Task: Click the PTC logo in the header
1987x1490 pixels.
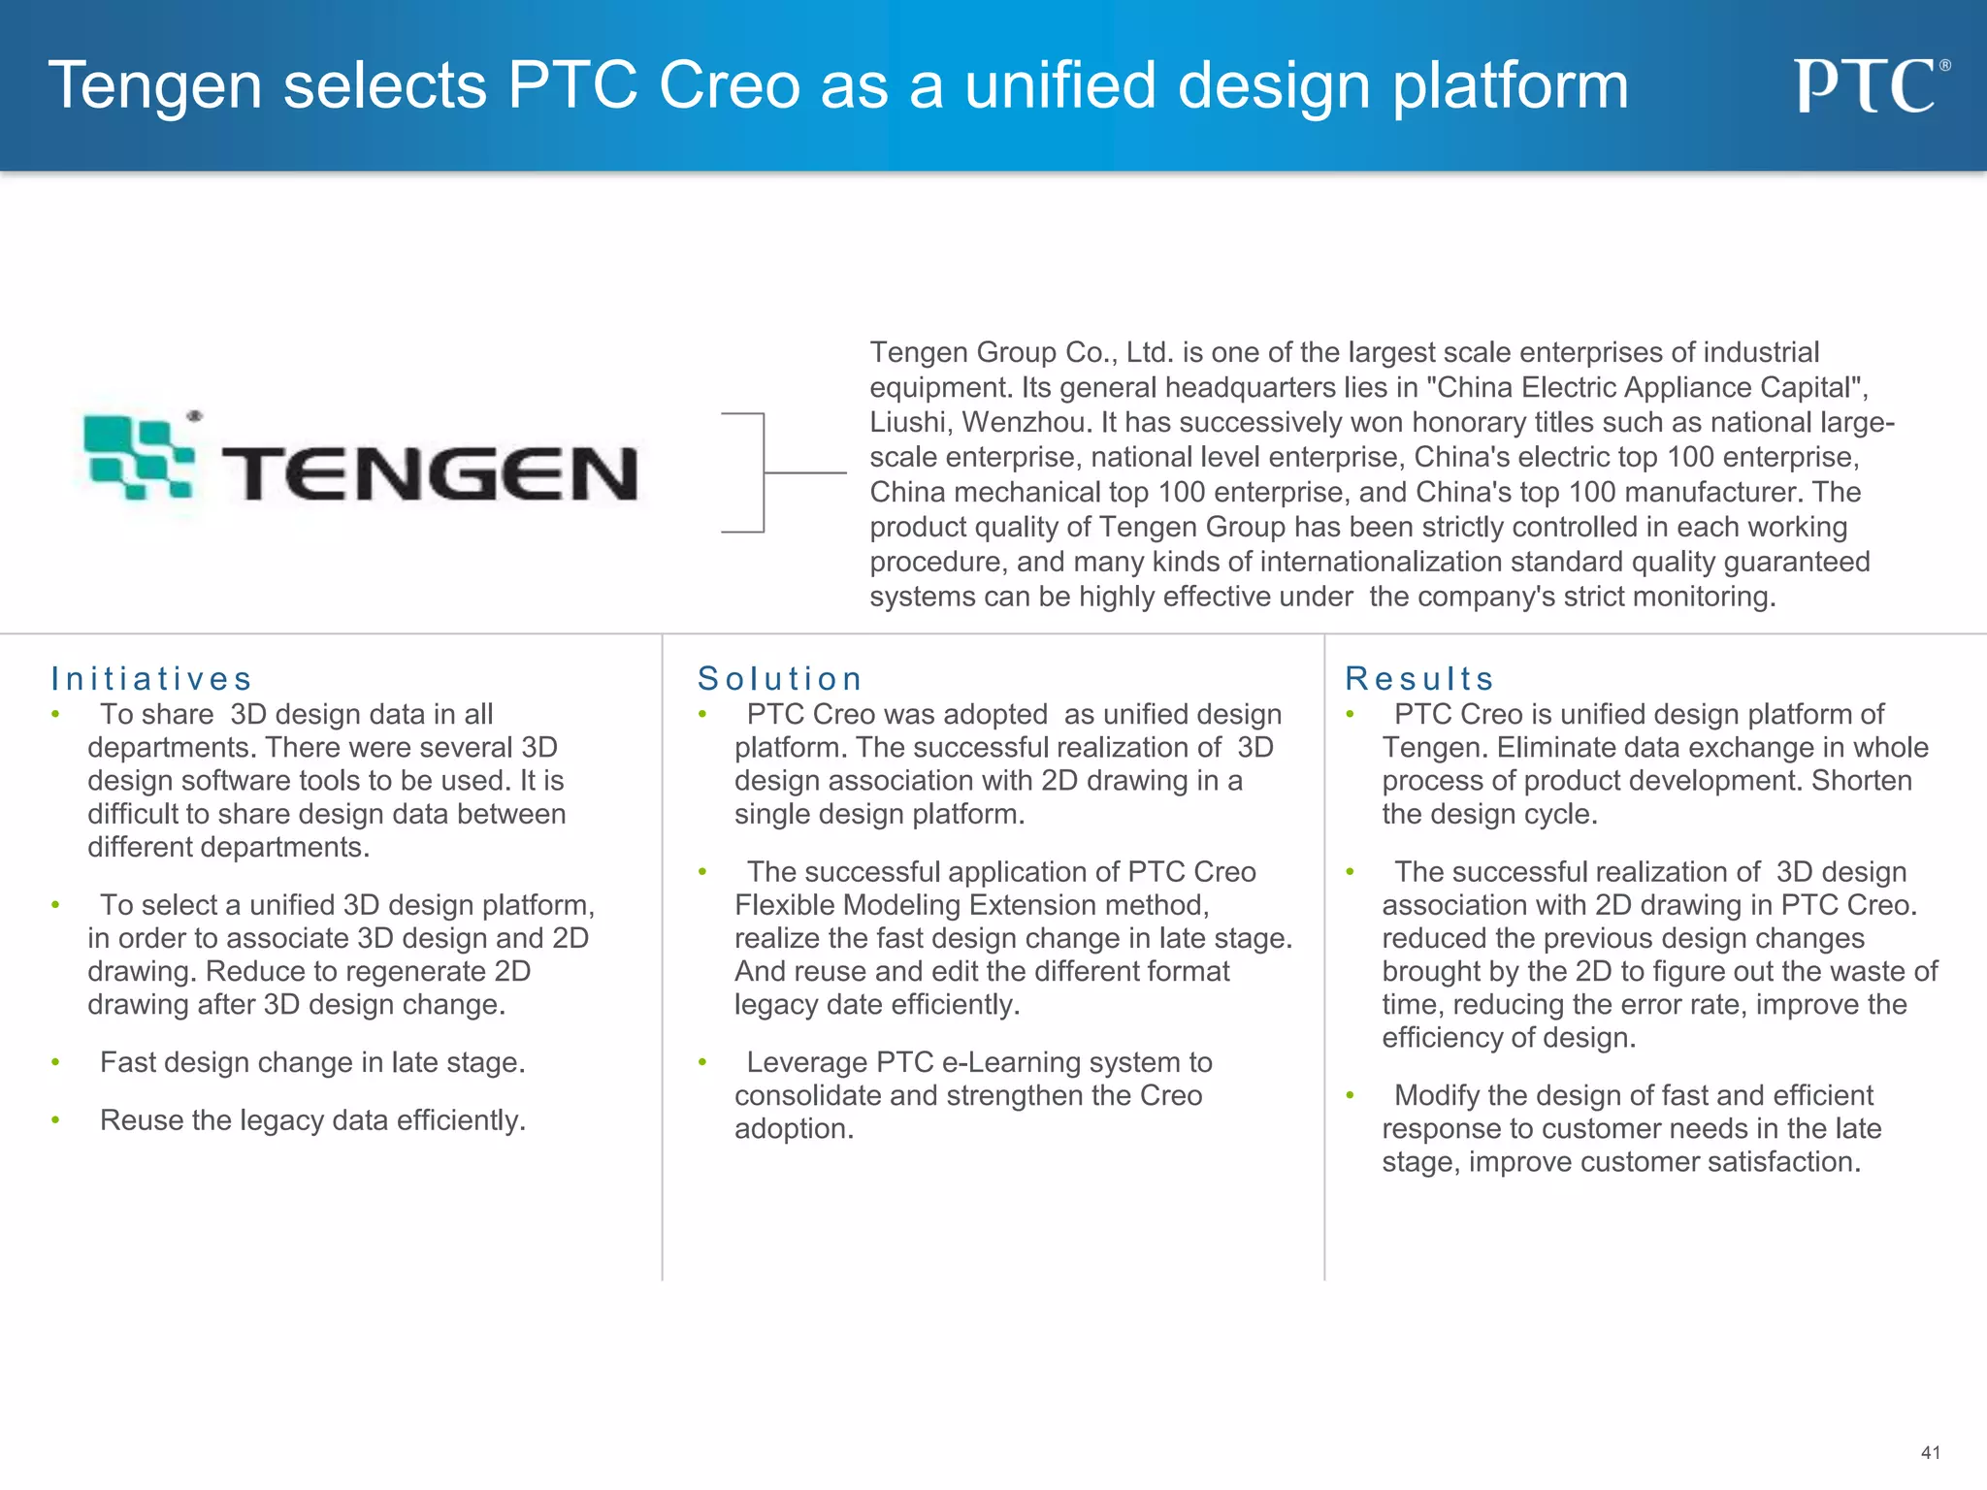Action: click(x=1865, y=86)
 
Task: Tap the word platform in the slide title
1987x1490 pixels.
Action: click(x=1511, y=86)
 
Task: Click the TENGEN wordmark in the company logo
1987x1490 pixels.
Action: click(x=429, y=474)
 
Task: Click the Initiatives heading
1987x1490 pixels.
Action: click(x=151, y=679)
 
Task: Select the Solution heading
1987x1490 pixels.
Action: click(x=779, y=679)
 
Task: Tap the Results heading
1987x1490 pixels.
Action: click(x=1418, y=679)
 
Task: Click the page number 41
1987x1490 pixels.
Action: click(x=1930, y=1452)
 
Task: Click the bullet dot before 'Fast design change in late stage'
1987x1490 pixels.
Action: click(x=56, y=1063)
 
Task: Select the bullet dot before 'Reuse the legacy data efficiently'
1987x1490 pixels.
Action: click(x=56, y=1121)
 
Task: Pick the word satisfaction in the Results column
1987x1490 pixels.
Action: click(x=1783, y=1162)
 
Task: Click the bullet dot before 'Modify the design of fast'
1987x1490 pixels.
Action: click(x=1350, y=1096)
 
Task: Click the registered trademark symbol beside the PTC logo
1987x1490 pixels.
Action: click(x=1944, y=66)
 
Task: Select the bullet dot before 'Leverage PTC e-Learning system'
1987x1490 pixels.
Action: click(x=702, y=1063)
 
